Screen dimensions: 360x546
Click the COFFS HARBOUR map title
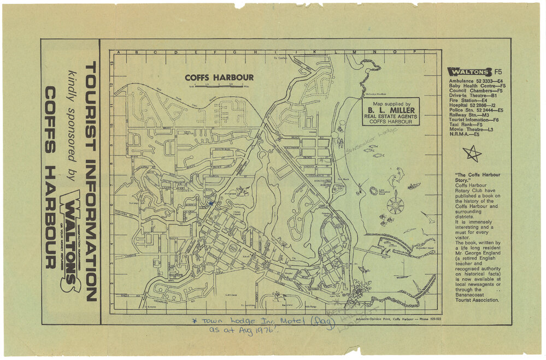tap(219, 77)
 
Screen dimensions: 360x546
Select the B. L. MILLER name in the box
tap(391, 110)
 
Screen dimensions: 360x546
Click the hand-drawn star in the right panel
tap(472, 154)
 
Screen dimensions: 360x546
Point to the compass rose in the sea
tap(395, 205)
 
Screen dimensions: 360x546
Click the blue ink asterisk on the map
tap(210, 203)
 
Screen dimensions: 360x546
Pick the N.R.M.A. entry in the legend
tap(462, 134)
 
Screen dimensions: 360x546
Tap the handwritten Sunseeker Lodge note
tap(369, 139)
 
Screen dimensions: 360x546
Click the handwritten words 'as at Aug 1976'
tap(245, 330)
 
